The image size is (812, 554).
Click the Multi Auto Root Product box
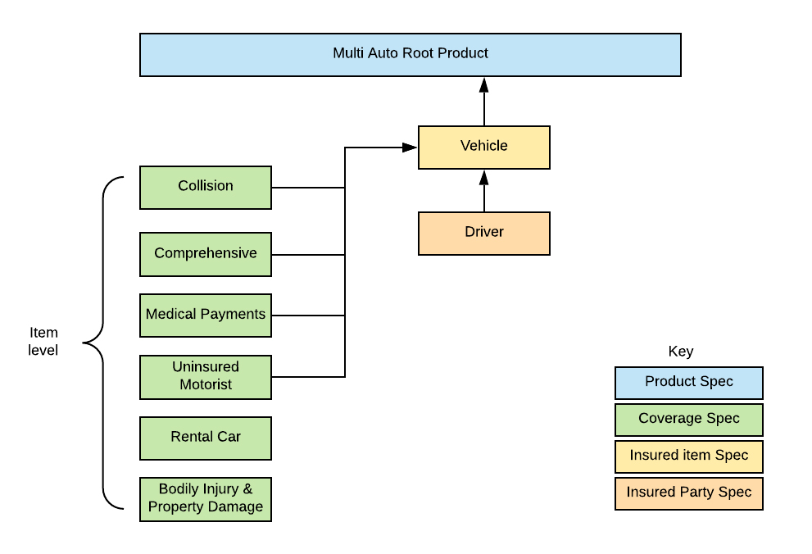tap(410, 54)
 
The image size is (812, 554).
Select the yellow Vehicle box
tap(483, 147)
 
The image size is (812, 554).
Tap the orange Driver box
tap(483, 233)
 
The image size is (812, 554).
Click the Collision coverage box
tap(206, 187)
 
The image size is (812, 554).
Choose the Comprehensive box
tap(206, 254)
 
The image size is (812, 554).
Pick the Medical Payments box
tap(206, 315)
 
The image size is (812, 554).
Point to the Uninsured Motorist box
tap(206, 377)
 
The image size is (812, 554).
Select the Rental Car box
tap(206, 438)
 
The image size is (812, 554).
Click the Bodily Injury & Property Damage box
tap(206, 499)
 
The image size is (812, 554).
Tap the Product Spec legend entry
tap(688, 383)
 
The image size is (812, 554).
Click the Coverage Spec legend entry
tap(688, 420)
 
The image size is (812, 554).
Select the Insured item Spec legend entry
tap(688, 456)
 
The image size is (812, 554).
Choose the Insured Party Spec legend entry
tap(688, 493)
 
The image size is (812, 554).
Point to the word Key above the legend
tap(680, 352)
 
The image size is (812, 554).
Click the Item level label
tap(44, 342)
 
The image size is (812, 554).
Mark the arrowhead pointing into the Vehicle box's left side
tap(411, 148)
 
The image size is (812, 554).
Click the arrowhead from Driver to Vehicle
tap(483, 177)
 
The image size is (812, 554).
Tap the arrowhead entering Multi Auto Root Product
tap(483, 84)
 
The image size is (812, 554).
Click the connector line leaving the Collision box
tap(307, 188)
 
